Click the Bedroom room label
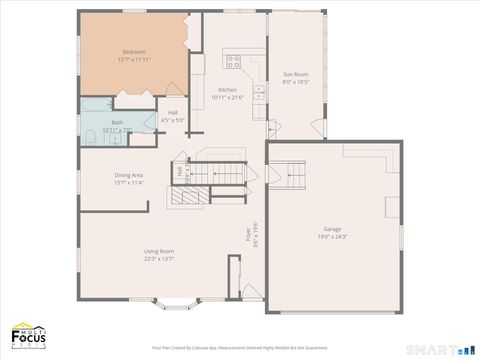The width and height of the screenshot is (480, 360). coord(134,52)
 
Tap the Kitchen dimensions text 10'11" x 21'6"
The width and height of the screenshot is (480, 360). coord(228,97)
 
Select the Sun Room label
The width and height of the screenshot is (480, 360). coord(295,74)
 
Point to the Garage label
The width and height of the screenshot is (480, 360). coord(331,229)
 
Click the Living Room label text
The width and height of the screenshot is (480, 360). coord(159,250)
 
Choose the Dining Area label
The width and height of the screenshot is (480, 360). coord(129,175)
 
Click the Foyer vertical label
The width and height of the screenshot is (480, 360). coord(248,234)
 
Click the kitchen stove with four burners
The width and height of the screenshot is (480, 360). coord(233,62)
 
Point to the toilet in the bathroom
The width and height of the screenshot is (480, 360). coord(89,136)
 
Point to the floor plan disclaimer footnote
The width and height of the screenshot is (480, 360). coord(239,348)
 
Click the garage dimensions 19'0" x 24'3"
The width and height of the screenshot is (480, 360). coord(331,237)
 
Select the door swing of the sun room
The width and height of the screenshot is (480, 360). coord(318,128)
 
